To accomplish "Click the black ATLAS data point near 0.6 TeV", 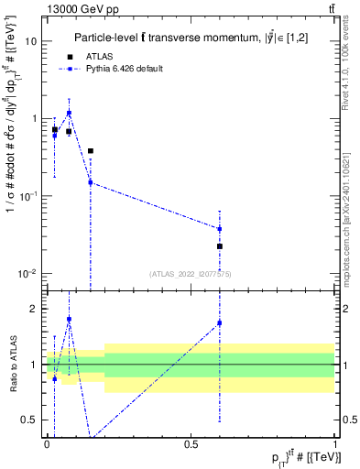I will point(220,246).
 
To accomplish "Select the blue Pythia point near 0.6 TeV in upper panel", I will point(220,229).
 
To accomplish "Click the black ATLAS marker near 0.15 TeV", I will point(90,150).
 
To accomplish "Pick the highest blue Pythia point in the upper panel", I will point(69,113).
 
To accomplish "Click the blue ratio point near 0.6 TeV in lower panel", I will point(220,322).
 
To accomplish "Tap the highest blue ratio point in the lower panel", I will point(69,319).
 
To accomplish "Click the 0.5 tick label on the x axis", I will point(191,444).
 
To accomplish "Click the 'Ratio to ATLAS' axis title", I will point(12,365).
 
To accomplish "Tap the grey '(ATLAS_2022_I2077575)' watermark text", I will point(191,273).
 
